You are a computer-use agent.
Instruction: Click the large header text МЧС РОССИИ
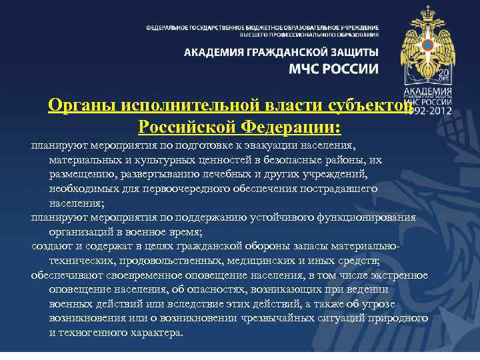(x=333, y=69)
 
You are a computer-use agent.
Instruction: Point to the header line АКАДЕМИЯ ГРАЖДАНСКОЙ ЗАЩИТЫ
(x=281, y=52)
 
